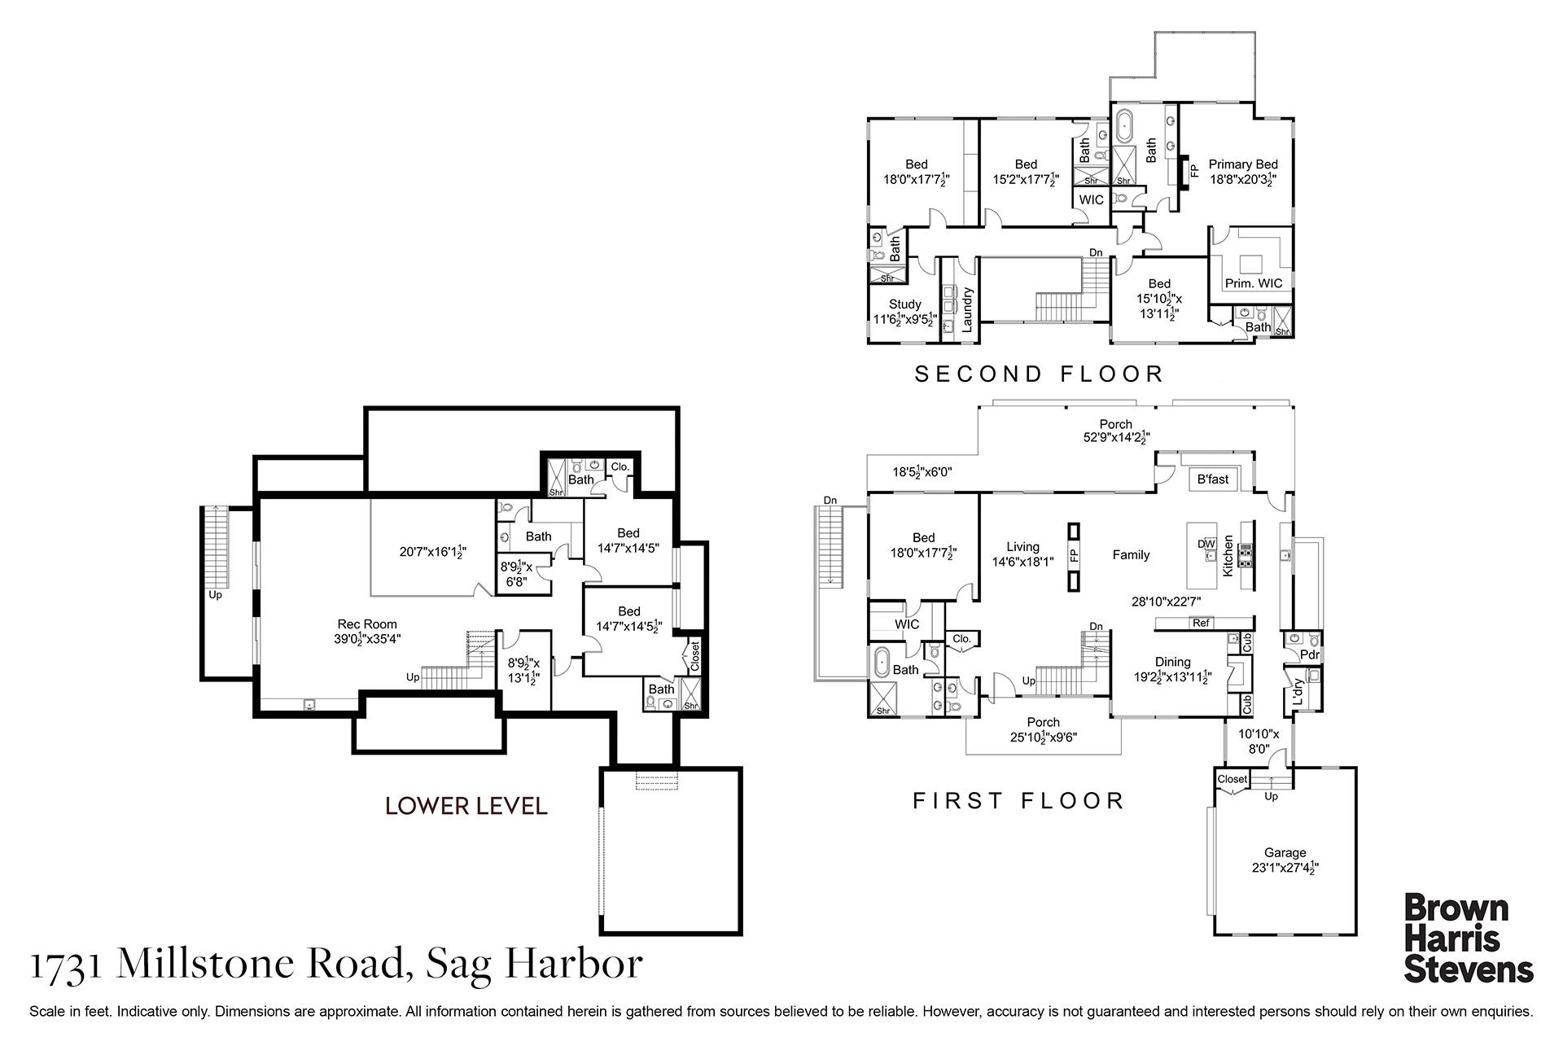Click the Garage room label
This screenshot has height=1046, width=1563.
(x=1285, y=853)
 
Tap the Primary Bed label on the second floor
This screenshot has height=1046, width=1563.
(x=1243, y=164)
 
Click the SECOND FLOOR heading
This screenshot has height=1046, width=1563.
(x=1039, y=374)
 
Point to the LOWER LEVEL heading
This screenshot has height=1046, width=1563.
(x=466, y=806)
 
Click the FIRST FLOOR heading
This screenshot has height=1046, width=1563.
(x=1018, y=801)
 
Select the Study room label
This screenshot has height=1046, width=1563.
(x=904, y=304)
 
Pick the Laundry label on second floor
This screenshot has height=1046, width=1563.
(x=968, y=310)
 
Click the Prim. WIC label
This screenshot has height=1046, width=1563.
(x=1254, y=283)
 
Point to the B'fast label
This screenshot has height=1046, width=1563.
(x=1213, y=479)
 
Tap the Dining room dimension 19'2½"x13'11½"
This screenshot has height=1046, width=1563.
(x=1173, y=676)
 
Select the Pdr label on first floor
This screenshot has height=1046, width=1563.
(x=1310, y=654)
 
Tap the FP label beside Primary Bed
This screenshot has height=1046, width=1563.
(x=1195, y=172)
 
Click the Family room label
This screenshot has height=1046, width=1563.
(x=1131, y=555)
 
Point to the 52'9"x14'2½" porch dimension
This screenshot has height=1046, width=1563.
(x=1115, y=437)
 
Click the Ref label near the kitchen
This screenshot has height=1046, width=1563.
(x=1201, y=623)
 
